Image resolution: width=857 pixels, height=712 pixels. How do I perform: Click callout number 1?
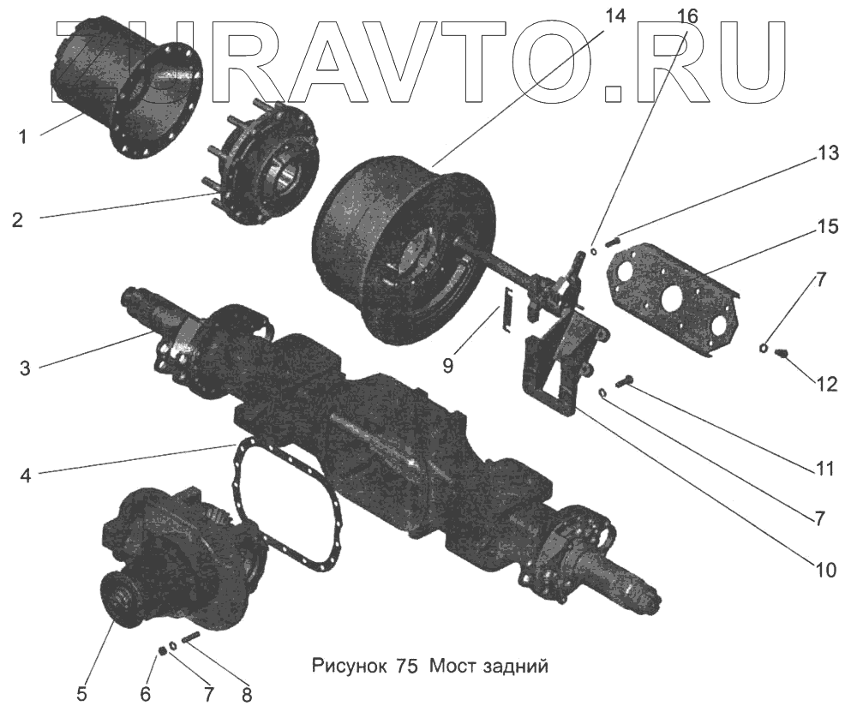(23, 136)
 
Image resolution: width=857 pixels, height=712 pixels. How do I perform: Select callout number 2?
(17, 219)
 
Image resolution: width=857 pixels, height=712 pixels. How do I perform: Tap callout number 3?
(25, 368)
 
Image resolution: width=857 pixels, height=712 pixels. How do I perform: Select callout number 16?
(688, 15)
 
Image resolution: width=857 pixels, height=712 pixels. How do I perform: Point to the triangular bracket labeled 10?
(557, 360)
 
